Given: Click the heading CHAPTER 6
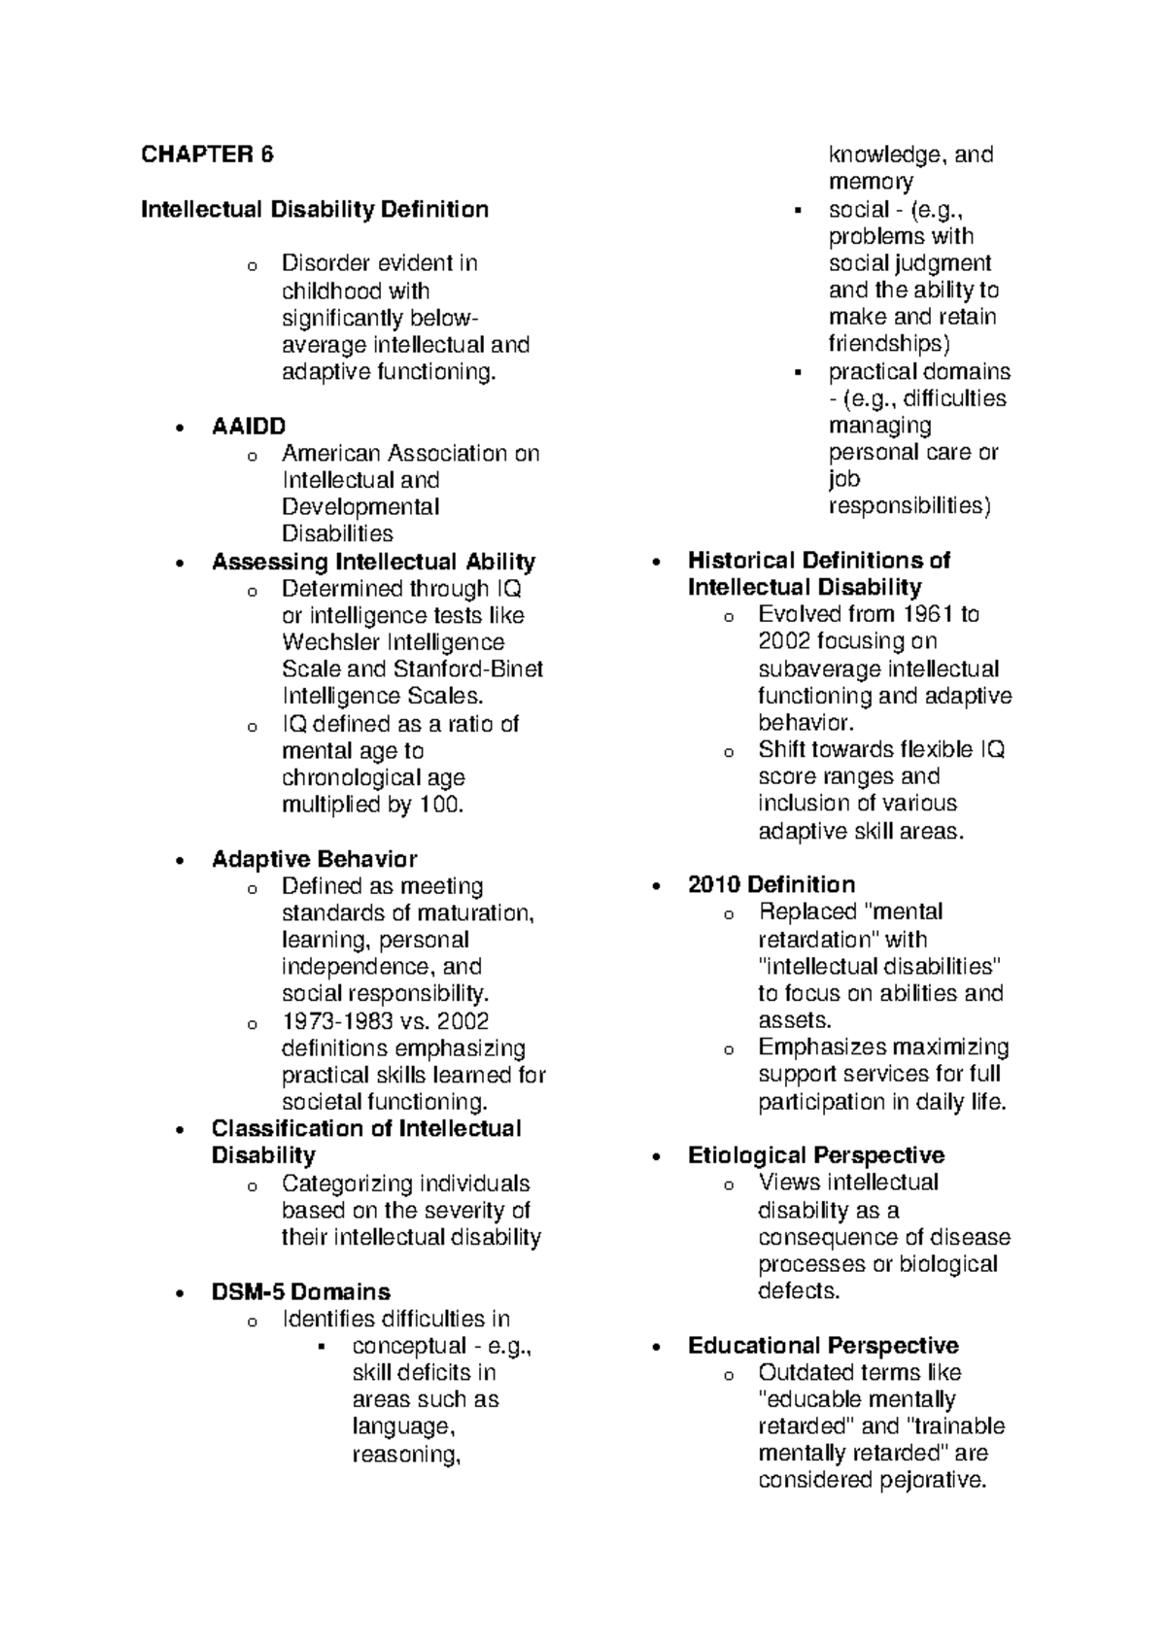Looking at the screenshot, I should (208, 154).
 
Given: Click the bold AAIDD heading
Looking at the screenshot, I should (249, 426).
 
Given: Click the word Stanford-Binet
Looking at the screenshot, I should (468, 669).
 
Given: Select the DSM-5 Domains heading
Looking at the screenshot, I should (300, 1292).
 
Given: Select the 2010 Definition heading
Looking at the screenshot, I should (771, 884).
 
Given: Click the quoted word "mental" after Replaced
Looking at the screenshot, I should (902, 912).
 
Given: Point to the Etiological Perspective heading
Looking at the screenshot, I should (815, 1155).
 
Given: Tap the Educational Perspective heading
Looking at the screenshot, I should (822, 1346).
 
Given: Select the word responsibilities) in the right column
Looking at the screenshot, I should (909, 506).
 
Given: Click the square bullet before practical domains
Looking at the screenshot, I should (797, 372).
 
